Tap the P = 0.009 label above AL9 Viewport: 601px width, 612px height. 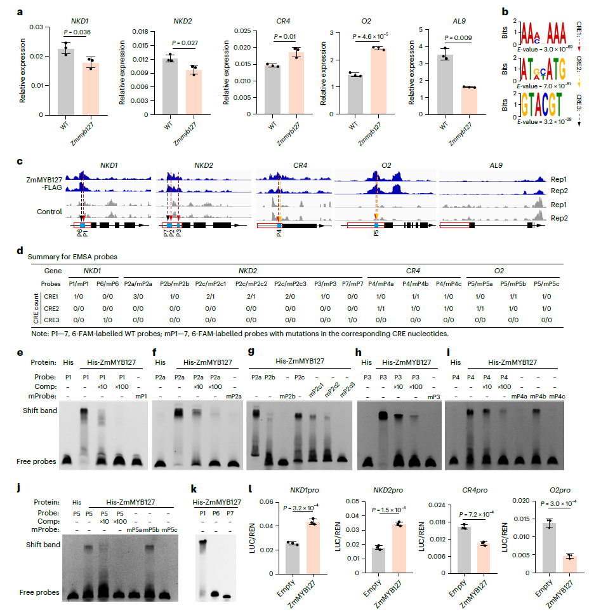458,37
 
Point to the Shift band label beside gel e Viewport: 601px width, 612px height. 41,411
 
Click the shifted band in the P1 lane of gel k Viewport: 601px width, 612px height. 203,543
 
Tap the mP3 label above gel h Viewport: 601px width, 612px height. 433,397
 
